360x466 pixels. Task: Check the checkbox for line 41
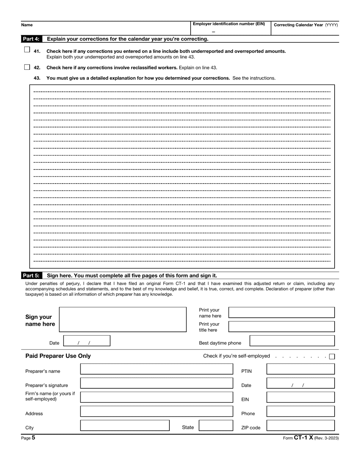point(27,50)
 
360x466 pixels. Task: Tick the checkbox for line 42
point(27,67)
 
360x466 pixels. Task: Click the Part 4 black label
point(31,39)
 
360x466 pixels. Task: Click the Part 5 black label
point(31,276)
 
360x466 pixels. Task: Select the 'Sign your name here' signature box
point(123,320)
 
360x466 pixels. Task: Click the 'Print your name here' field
point(282,312)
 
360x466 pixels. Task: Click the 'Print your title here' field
point(282,326)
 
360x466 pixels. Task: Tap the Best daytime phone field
point(292,340)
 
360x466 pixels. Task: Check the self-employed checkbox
point(332,356)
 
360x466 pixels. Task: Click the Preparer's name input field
point(157,369)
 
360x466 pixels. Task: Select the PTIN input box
point(301,369)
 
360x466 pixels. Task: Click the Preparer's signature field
point(157,383)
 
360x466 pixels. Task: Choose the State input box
point(216,425)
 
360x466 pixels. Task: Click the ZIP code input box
point(301,425)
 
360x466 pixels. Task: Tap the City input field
point(125,425)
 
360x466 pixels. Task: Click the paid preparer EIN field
point(301,397)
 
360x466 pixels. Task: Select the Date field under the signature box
point(86,341)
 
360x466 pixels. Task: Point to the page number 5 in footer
point(33,438)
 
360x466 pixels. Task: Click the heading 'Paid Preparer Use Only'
point(58,356)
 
